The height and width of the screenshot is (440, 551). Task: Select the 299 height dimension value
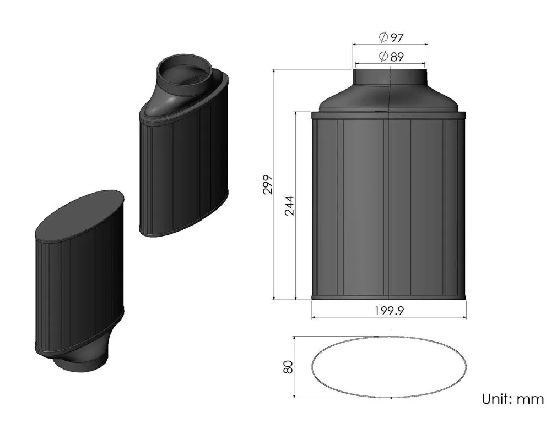click(267, 185)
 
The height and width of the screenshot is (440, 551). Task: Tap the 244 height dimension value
click(289, 205)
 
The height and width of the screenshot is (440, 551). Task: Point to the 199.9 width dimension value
click(389, 311)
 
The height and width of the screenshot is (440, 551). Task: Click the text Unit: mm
click(512, 399)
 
